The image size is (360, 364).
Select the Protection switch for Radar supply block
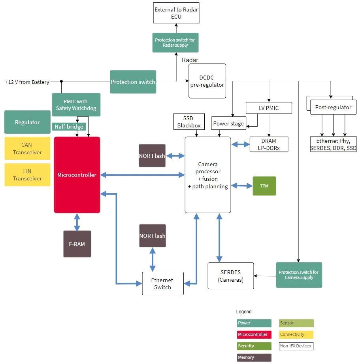pos(175,43)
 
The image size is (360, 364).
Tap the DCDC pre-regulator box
pos(207,81)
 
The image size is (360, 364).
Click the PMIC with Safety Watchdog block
pos(76,105)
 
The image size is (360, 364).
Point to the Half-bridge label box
pos(69,127)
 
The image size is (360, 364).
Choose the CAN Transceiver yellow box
pos(27,149)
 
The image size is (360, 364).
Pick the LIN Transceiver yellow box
pos(27,174)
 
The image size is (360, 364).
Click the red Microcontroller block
pos(77,175)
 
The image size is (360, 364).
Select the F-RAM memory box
pos(77,244)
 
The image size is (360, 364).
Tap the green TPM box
pos(264,186)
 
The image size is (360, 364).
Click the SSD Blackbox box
pos(189,122)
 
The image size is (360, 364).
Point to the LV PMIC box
pos(269,108)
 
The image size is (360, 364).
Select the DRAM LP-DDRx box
pos(269,144)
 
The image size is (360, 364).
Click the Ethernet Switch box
pos(163,283)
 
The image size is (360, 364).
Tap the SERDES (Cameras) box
pos(231,276)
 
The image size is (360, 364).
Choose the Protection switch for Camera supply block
pos(299,275)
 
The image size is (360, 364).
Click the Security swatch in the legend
pos(254,346)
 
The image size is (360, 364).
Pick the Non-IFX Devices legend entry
pos(296,346)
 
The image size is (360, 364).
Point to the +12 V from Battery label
pos(27,82)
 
